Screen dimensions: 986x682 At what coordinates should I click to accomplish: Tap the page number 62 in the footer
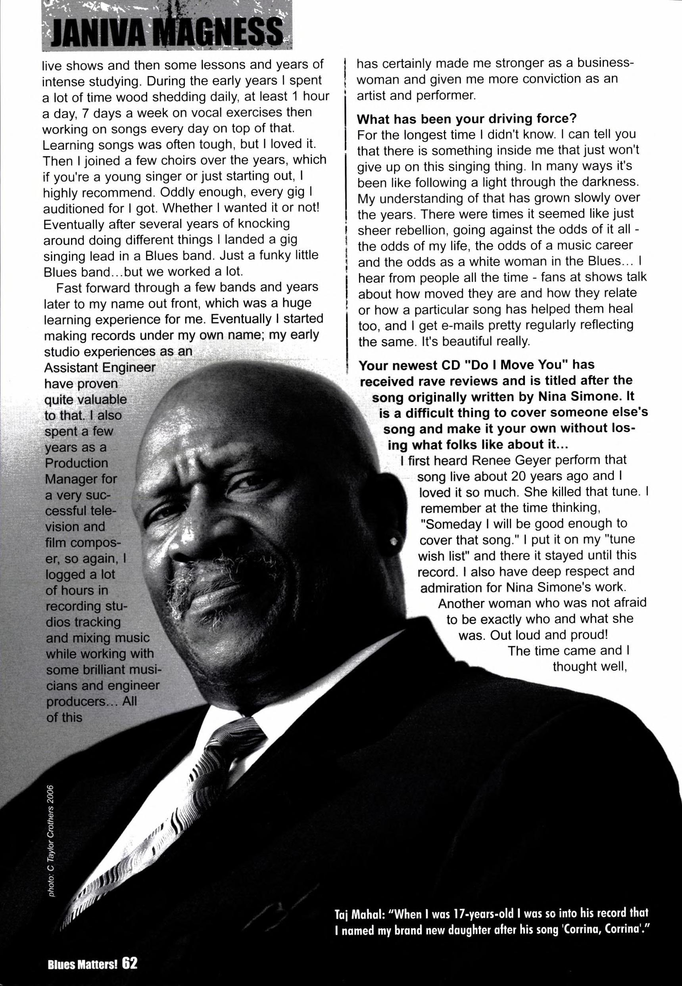point(129,964)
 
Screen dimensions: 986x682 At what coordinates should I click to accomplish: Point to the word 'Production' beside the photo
point(77,463)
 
